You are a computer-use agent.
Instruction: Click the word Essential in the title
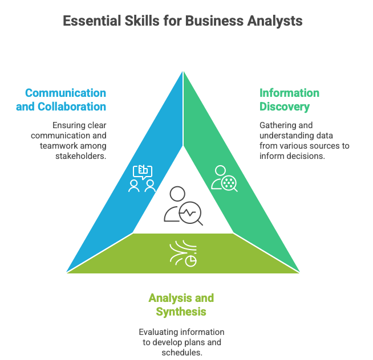(88, 21)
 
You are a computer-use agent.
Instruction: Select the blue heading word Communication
(66, 93)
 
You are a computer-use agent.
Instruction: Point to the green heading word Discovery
(285, 107)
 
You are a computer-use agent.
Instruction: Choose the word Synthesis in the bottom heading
(181, 312)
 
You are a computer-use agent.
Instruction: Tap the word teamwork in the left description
(59, 146)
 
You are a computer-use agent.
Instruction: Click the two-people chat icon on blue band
(142, 178)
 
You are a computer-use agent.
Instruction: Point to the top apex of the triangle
(183, 70)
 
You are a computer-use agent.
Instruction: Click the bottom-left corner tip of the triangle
(66, 273)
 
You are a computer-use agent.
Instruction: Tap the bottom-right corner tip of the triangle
(300, 273)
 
